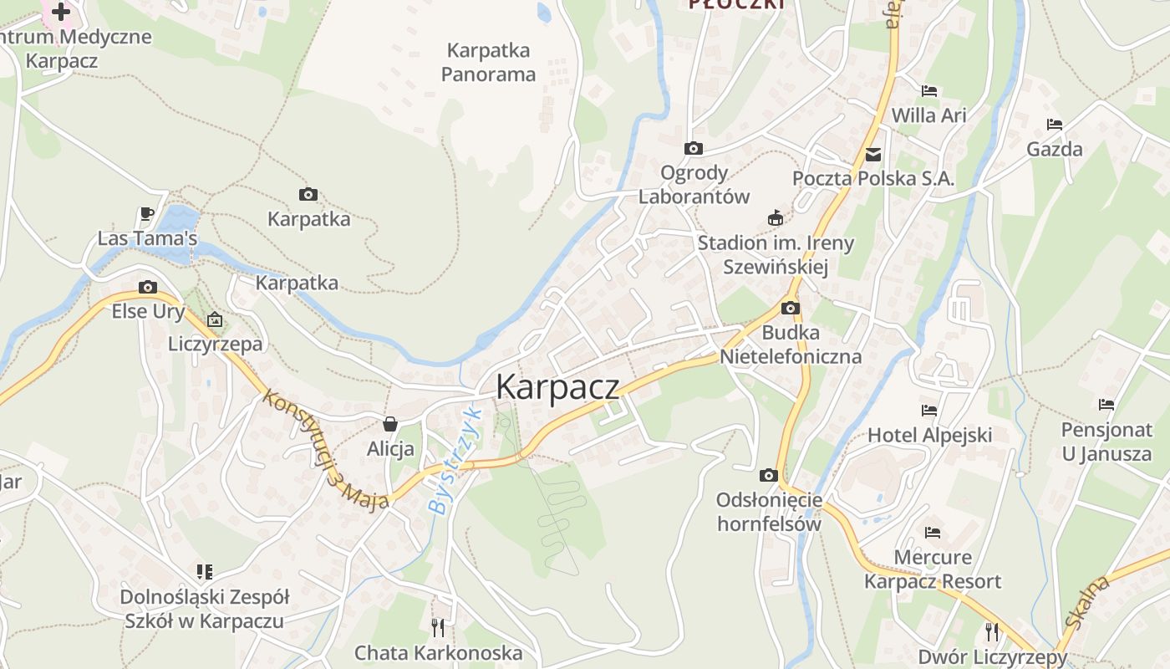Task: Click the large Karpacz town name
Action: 557,387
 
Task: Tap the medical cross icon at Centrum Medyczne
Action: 61,12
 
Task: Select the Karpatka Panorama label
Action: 488,63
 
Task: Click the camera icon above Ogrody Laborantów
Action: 693,149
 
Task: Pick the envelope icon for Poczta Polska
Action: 873,155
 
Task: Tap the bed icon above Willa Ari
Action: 929,91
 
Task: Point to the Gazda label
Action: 1055,150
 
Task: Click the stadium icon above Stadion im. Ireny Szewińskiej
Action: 776,218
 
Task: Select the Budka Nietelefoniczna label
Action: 791,345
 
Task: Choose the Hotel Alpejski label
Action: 929,435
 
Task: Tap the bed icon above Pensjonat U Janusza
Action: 1106,405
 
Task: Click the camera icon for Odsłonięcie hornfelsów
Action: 769,476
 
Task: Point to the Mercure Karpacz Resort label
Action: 933,569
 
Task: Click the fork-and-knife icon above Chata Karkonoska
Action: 438,626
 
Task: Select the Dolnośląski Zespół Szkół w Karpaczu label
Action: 205,610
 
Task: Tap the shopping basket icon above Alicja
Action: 390,424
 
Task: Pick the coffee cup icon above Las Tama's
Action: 147,214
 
